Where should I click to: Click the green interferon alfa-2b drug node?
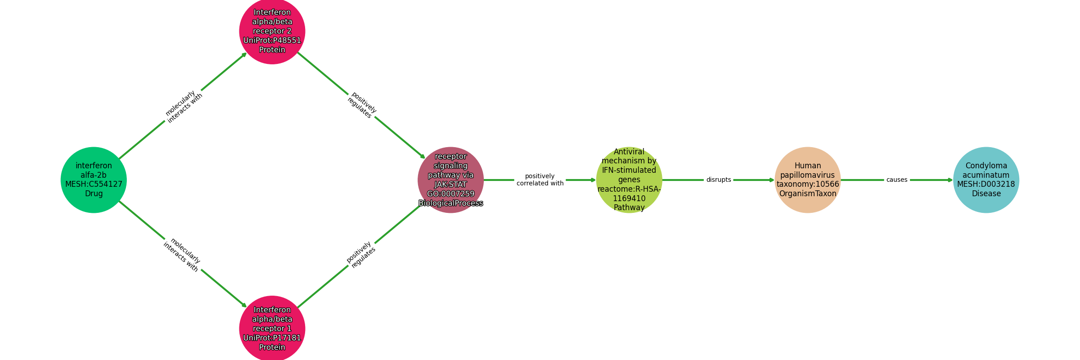[x=94, y=180]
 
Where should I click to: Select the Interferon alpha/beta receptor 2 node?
[x=272, y=31]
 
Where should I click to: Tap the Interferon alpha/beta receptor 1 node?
[x=272, y=329]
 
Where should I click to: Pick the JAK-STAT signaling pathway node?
[x=451, y=180]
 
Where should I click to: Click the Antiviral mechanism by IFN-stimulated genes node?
[x=629, y=180]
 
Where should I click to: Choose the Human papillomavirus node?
[x=808, y=180]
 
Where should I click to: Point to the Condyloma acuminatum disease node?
[x=986, y=180]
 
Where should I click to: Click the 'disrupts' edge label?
[x=719, y=180]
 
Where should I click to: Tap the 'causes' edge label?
[x=897, y=180]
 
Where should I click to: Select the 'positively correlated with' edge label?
[x=540, y=180]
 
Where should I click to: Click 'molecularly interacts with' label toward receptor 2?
[x=184, y=107]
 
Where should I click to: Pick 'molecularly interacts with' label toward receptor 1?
[x=182, y=255]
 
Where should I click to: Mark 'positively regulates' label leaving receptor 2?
[x=362, y=105]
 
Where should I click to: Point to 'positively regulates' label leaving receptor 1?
[x=361, y=255]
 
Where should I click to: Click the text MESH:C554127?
[x=94, y=184]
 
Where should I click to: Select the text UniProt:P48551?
[x=272, y=40]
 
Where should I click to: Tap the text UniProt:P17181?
[x=272, y=338]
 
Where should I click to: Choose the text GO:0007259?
[x=451, y=194]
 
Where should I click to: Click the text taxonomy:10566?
[x=808, y=184]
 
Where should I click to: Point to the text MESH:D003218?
[x=986, y=184]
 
